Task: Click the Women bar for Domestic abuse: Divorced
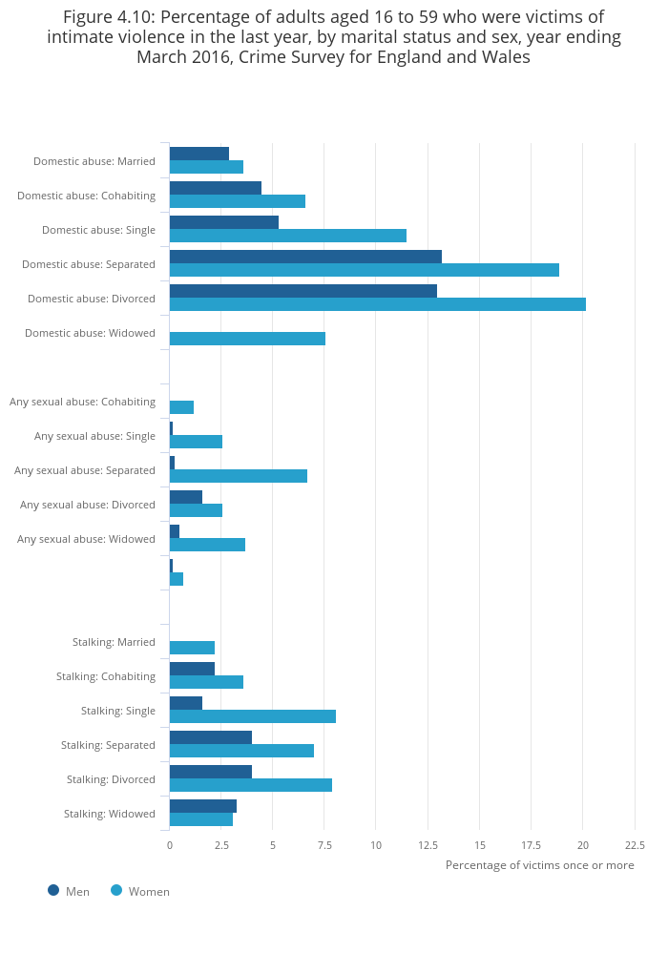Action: click(x=378, y=304)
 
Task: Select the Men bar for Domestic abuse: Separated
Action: click(x=305, y=257)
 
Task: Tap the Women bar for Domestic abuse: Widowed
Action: click(x=247, y=339)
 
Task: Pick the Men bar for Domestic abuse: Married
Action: click(x=199, y=154)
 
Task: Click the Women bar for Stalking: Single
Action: click(x=253, y=716)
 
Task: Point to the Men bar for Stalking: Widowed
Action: click(x=203, y=806)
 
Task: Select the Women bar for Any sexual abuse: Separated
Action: click(x=239, y=476)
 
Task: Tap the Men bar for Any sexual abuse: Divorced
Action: click(x=186, y=497)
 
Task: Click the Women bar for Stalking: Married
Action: click(x=192, y=648)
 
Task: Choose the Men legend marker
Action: click(x=53, y=890)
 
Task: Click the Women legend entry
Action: click(x=140, y=891)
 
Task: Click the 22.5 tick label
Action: click(x=635, y=845)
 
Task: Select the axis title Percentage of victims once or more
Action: click(x=540, y=865)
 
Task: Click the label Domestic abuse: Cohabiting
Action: click(x=86, y=196)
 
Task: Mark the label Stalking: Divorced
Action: click(x=111, y=779)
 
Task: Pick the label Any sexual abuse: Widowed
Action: click(x=86, y=539)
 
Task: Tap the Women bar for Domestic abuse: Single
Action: click(x=288, y=236)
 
